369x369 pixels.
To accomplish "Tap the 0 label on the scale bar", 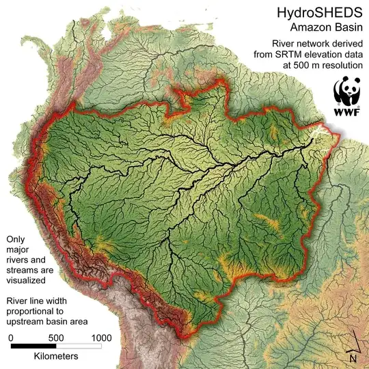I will [x=10, y=338].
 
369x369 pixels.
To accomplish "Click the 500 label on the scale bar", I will [x=56, y=338].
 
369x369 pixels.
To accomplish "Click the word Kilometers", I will [x=55, y=357].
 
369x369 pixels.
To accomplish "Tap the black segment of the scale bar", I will [x=33, y=346].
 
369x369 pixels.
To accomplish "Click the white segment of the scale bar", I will [x=79, y=346].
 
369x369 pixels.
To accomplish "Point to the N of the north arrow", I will [x=353, y=357].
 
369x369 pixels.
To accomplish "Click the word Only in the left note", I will [x=16, y=240].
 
